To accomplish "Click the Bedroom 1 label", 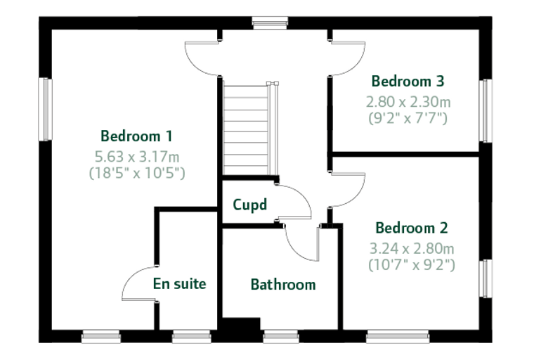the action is [x=136, y=136].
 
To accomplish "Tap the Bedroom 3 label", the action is [x=408, y=81].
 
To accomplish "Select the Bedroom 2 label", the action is [x=412, y=228].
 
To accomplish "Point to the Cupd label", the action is [x=249, y=205].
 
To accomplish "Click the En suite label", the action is [x=179, y=283].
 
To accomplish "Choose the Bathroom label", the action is [x=283, y=284].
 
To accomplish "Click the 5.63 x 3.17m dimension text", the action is [x=136, y=157].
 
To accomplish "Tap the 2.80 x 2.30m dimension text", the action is [x=408, y=101].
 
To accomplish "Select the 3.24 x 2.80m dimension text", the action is [x=412, y=248].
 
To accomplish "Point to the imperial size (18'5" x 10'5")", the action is [x=137, y=173].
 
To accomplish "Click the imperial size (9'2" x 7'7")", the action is [x=408, y=118].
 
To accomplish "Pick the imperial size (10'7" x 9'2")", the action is [x=412, y=264].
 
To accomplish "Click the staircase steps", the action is [x=246, y=130].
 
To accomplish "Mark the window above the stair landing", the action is [x=270, y=22].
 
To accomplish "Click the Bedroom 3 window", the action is [x=486, y=111].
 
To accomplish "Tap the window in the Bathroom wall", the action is [x=281, y=337].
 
